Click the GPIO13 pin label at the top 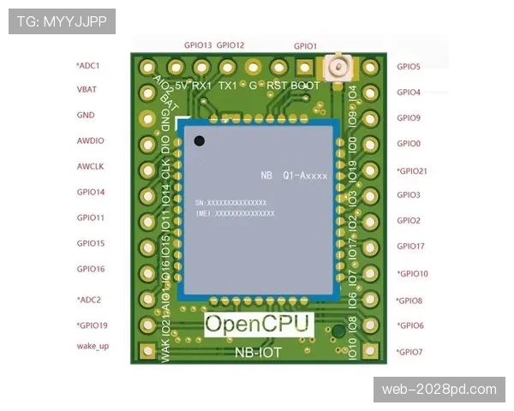tap(198, 45)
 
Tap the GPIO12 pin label tap(230, 45)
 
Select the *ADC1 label tap(88, 65)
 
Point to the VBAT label tap(86, 88)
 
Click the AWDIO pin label tap(90, 140)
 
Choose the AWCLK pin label tap(90, 166)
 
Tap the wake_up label tap(92, 346)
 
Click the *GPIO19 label tap(92, 325)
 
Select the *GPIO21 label tap(412, 170)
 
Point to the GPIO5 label tap(409, 66)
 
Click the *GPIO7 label tap(409, 352)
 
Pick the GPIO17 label tap(410, 247)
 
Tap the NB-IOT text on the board tap(259, 351)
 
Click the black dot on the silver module tap(200, 141)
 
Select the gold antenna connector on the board tap(339, 65)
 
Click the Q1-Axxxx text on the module tap(305, 176)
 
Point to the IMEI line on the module tap(235, 212)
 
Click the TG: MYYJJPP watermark tap(61, 21)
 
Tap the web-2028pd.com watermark tap(439, 390)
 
